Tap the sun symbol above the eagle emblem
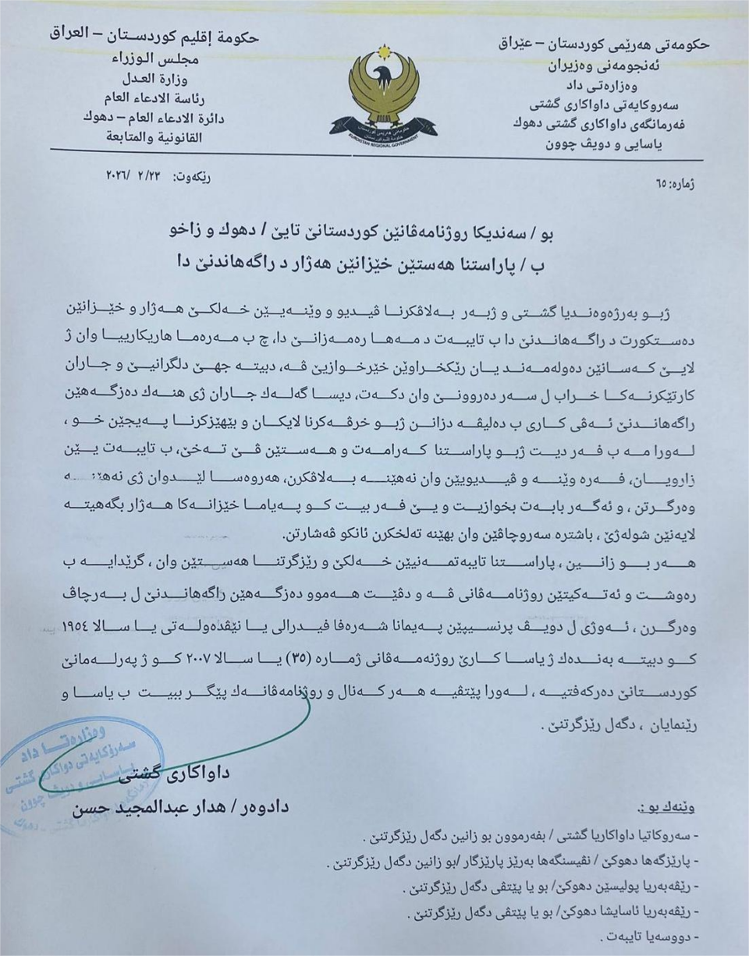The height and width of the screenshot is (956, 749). pyautogui.click(x=382, y=51)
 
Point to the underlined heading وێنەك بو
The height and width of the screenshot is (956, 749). pyautogui.click(x=667, y=808)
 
